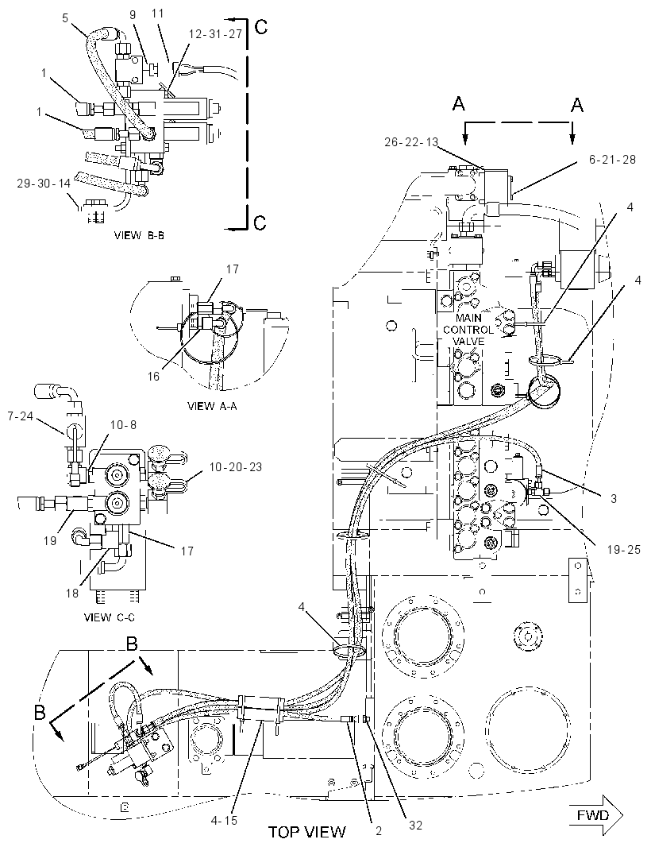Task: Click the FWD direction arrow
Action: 595,814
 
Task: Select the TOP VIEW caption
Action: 307,831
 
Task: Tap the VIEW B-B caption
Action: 139,235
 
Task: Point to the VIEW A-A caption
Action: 212,406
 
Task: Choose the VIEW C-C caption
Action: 109,617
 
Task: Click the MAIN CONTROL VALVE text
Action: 468,330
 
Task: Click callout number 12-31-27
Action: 215,34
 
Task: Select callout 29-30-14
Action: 44,183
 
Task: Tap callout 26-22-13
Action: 411,142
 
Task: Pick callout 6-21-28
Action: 612,160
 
